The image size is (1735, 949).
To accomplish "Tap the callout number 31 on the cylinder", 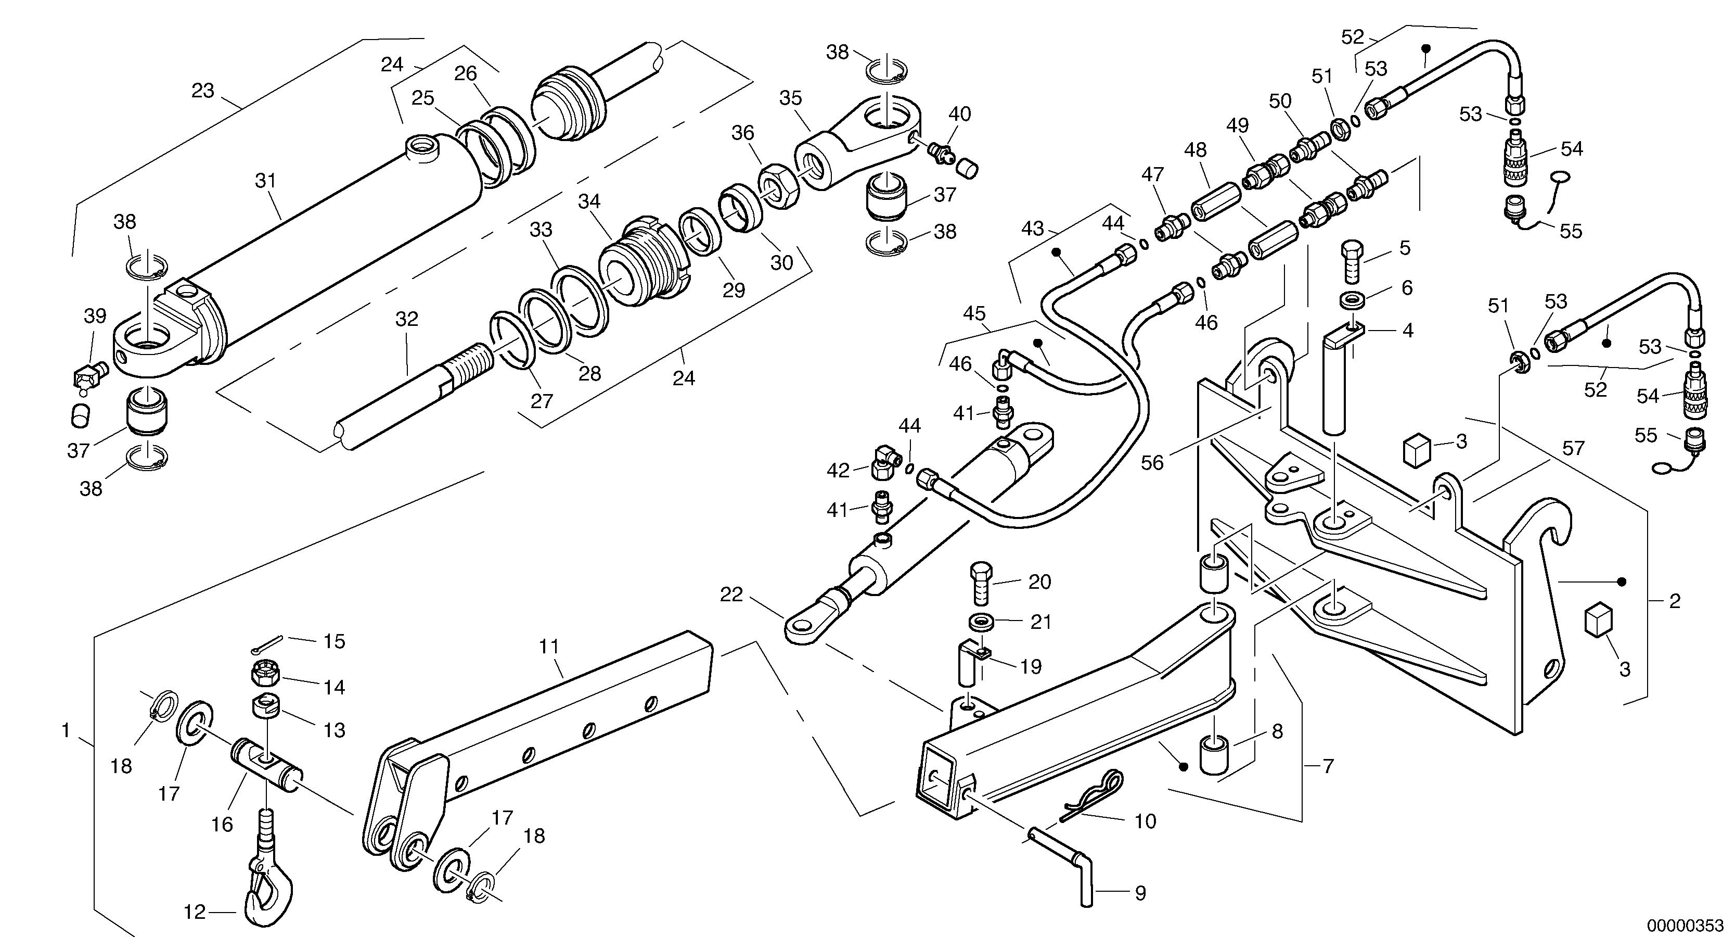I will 266,181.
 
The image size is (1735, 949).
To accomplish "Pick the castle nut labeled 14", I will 263,672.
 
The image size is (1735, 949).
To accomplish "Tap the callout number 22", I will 731,594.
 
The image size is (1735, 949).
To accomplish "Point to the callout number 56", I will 1152,463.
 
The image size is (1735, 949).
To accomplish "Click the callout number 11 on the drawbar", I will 549,647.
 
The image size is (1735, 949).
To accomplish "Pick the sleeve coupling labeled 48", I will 1210,201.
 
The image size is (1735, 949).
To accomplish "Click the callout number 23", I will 203,90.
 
